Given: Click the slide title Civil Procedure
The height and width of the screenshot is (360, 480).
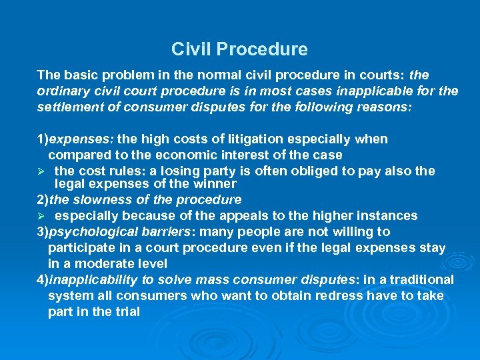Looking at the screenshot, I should point(239,49).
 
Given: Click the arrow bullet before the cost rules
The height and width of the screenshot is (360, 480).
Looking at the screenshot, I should point(41,171).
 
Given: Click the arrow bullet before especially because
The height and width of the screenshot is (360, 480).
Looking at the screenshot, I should point(41,215).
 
